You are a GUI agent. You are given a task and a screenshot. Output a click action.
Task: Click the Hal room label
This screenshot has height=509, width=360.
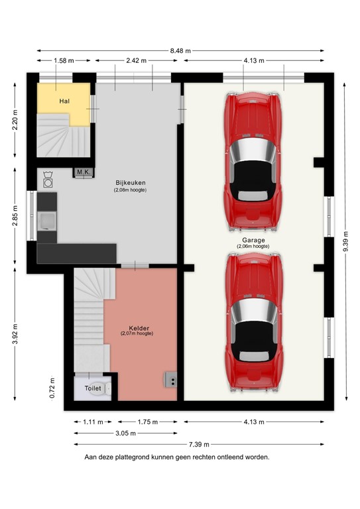coord(64,101)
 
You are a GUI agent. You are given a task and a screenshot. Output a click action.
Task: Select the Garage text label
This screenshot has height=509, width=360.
coord(253,240)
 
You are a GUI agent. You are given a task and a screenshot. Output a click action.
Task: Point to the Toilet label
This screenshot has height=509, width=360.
coord(93,388)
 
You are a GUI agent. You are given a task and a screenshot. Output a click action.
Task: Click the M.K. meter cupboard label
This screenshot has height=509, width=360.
coord(84,172)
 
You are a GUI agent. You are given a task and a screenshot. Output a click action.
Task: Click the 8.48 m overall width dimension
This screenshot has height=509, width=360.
coord(180,50)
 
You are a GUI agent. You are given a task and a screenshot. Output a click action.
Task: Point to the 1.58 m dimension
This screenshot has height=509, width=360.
coord(64,61)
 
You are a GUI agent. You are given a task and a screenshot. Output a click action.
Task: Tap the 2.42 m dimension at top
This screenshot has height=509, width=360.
coord(137,61)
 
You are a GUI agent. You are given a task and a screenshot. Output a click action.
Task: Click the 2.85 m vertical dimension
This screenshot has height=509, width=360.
coord(15,217)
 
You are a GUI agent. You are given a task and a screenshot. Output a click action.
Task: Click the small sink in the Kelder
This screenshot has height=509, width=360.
coord(170,380)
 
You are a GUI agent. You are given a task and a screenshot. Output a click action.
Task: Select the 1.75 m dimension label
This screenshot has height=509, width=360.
coord(147,422)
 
